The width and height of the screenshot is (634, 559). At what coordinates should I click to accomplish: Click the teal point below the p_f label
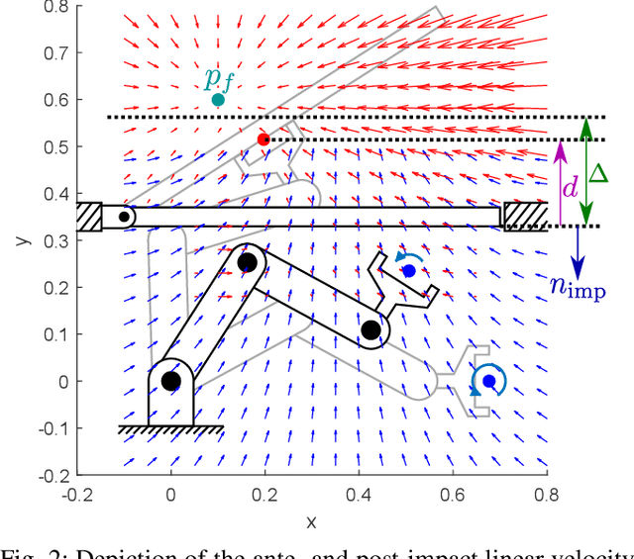[x=218, y=100]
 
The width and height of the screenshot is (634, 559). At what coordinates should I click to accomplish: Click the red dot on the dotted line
[x=263, y=140]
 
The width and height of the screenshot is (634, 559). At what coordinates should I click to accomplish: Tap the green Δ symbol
[x=598, y=173]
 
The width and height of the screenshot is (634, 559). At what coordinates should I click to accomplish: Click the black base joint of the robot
[x=170, y=381]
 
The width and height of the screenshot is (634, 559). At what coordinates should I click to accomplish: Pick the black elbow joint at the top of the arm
[x=248, y=262]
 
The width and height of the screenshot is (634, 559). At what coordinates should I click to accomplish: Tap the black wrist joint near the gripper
[x=370, y=330]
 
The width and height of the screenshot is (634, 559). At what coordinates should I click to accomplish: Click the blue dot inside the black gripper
[x=409, y=270]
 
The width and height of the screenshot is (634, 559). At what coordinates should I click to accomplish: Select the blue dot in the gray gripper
[x=488, y=381]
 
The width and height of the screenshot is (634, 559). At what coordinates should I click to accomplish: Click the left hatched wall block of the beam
[x=88, y=216]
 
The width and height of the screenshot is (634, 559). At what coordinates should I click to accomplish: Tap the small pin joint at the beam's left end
[x=123, y=216]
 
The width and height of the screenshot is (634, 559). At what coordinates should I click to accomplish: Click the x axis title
[x=311, y=520]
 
